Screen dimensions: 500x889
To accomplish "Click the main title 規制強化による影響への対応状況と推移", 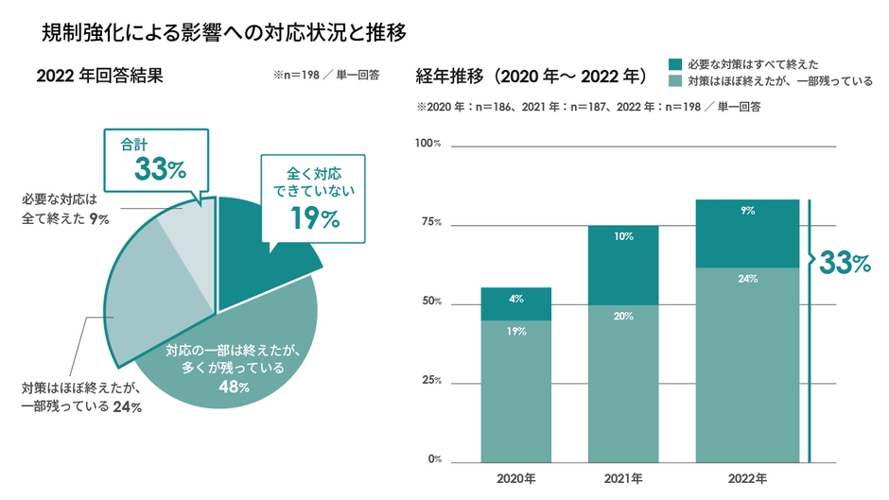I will pyautogui.click(x=224, y=35).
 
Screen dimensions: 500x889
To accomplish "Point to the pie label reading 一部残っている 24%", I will pyautogui.click(x=81, y=407).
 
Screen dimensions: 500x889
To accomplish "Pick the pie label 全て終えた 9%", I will pyautogui.click(x=65, y=218).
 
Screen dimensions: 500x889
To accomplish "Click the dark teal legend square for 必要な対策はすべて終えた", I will pyautogui.click(x=676, y=64).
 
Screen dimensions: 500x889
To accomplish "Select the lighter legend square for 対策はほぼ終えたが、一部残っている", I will pyautogui.click(x=676, y=81).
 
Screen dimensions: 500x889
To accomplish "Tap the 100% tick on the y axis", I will pyautogui.click(x=429, y=144).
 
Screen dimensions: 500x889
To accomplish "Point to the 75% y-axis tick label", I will pyautogui.click(x=431, y=223).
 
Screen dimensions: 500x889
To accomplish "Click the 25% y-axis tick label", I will pyautogui.click(x=431, y=381).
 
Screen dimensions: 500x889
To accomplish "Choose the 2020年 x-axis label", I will pyautogui.click(x=515, y=477).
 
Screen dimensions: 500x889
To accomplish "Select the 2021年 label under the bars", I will pyautogui.click(x=623, y=477).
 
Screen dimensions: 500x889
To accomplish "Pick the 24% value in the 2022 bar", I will pyautogui.click(x=748, y=279).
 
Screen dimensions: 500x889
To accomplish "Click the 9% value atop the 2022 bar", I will pyautogui.click(x=748, y=212).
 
